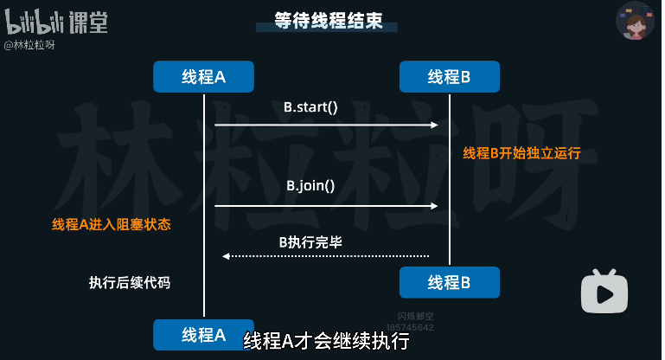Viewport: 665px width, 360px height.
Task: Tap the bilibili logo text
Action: [33, 22]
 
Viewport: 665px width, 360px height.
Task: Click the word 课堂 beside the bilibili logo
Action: [88, 22]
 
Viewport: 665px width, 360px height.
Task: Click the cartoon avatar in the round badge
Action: [636, 22]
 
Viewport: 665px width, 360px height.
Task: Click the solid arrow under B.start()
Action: [326, 125]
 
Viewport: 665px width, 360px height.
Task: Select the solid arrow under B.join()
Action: [326, 206]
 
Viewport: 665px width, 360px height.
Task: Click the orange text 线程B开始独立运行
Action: [521, 154]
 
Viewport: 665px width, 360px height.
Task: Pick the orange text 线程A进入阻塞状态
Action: [112, 225]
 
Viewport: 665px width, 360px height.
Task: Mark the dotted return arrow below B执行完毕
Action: [326, 256]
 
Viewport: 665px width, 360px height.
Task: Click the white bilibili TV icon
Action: [604, 292]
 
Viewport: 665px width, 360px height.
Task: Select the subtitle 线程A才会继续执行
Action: [325, 341]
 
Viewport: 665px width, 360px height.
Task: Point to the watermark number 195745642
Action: [409, 328]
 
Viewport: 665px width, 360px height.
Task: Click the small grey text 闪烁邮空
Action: [409, 318]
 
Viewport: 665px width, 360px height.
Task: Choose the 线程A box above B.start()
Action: [204, 77]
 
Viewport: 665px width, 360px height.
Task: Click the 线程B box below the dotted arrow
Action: [450, 282]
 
